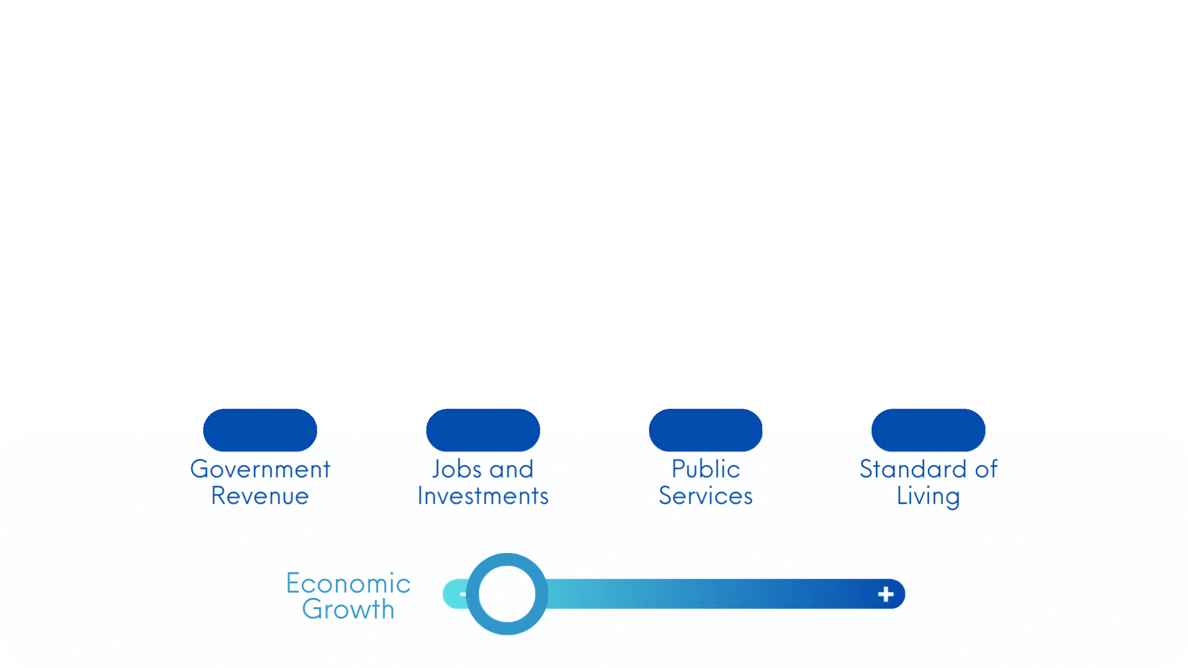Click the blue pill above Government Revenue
[x=260, y=430]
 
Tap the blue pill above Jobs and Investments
[x=483, y=430]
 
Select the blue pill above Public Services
[x=705, y=430]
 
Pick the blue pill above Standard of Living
[x=928, y=430]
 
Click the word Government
[x=260, y=469]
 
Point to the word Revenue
[x=260, y=496]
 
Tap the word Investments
[x=483, y=496]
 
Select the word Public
[x=705, y=469]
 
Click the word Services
[x=705, y=496]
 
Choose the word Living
[x=928, y=497]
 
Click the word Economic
[x=348, y=584]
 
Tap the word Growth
[x=348, y=609]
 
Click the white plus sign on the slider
[x=885, y=594]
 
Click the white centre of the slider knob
[x=507, y=594]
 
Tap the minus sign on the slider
[x=462, y=594]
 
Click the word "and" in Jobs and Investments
[x=511, y=469]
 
